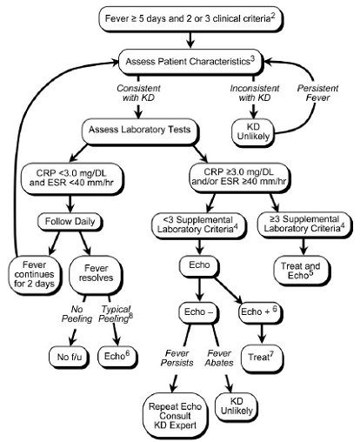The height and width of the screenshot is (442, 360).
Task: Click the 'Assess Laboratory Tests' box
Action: (140, 131)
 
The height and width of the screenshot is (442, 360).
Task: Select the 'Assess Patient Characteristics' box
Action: (190, 63)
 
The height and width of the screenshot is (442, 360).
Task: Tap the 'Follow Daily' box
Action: (70, 222)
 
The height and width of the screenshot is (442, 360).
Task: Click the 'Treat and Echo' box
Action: (302, 271)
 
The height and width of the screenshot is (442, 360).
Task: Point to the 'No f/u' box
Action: (69, 357)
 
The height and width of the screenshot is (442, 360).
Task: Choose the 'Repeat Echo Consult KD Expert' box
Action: (176, 416)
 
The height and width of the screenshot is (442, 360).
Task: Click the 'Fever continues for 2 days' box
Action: (35, 275)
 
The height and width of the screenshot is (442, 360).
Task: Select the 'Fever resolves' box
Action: (96, 274)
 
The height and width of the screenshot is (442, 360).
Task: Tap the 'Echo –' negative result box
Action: (198, 312)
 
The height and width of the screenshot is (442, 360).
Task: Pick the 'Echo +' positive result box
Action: (260, 312)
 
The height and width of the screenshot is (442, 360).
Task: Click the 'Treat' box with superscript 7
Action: (262, 358)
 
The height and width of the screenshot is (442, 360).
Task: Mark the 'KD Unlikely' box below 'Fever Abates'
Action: (237, 406)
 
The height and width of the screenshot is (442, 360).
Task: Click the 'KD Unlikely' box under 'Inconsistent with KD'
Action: (253, 132)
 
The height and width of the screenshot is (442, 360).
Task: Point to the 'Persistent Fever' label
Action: (317, 93)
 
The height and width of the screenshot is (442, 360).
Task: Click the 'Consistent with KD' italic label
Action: (138, 93)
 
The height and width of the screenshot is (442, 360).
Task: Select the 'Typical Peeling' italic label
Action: (116, 314)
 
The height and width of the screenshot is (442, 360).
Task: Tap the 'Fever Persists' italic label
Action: (177, 358)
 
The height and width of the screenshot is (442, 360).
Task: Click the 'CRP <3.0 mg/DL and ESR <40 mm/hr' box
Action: (71, 178)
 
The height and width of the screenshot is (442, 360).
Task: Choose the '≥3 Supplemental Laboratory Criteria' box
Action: (304, 224)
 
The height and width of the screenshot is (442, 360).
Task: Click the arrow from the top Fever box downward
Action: (190, 39)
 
